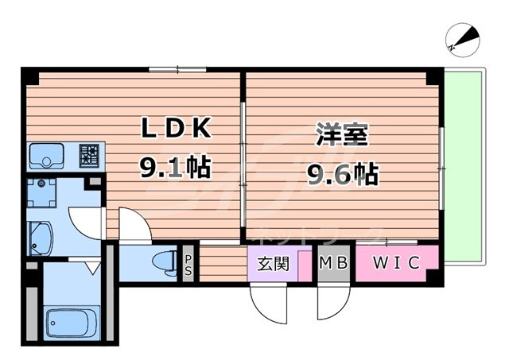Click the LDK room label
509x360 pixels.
[177, 128]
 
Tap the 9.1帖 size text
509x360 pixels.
[175, 168]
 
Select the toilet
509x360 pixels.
[164, 261]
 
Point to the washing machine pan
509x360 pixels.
[41, 193]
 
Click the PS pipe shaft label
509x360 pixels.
[188, 264]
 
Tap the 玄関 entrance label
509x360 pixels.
[273, 264]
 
